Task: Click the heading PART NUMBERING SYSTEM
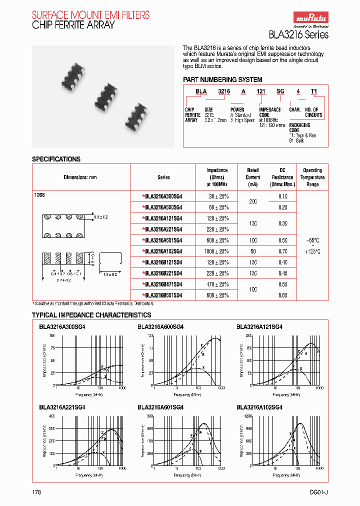[x=215, y=79]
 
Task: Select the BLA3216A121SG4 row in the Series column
[x=163, y=218]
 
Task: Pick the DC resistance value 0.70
[x=282, y=251]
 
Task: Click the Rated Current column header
[x=253, y=177]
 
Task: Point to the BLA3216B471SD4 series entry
[x=163, y=284]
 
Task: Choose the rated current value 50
[x=253, y=251]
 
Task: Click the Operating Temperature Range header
[x=312, y=177]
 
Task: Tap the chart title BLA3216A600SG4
[x=160, y=326]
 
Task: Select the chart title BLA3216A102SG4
[x=259, y=407]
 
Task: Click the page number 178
[x=36, y=492]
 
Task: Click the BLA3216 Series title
[x=305, y=34]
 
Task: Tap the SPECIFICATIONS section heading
[x=56, y=159]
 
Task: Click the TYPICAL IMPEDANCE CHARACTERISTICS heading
[x=91, y=315]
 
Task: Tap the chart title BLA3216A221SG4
[x=62, y=407]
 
